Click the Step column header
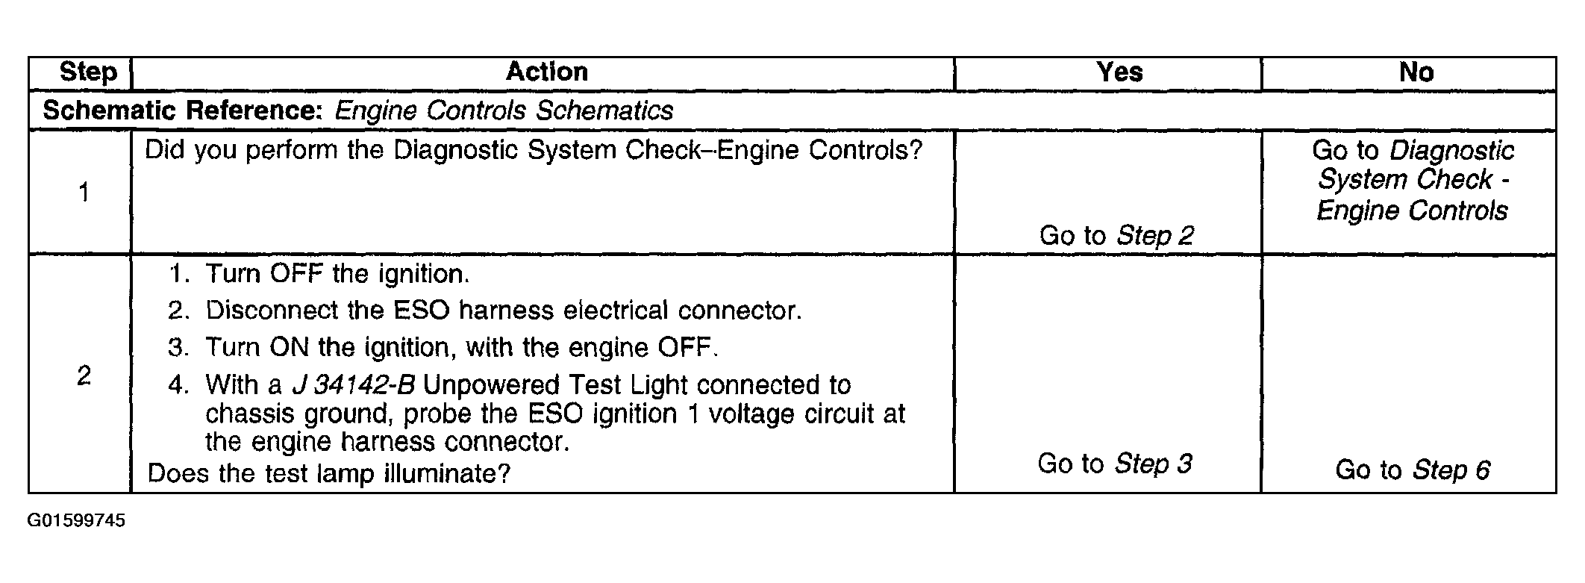tap(88, 72)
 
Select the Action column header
tap(547, 72)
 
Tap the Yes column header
tap(1119, 72)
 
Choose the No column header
tap(1416, 72)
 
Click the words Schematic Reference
tap(182, 110)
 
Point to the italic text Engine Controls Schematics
tap(504, 110)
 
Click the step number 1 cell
tap(84, 193)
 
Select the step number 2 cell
tap(84, 375)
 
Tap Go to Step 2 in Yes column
tap(1116, 236)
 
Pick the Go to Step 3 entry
tap(1115, 464)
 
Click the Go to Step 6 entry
tap(1413, 470)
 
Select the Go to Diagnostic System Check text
tap(1413, 180)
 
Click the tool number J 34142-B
tap(353, 385)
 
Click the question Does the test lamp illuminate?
tap(329, 473)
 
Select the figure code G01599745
tap(76, 521)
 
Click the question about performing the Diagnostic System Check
tap(534, 151)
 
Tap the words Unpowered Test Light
tap(556, 385)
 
